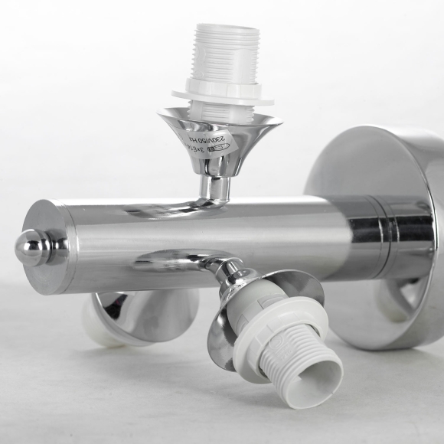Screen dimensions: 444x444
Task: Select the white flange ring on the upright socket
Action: pyautogui.click(x=223, y=94)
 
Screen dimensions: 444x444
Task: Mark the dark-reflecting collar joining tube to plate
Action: pyautogui.click(x=383, y=233)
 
